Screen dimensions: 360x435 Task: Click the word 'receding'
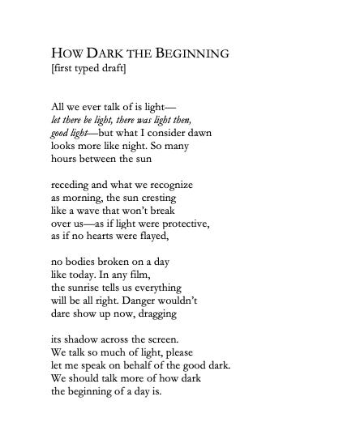(71, 185)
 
